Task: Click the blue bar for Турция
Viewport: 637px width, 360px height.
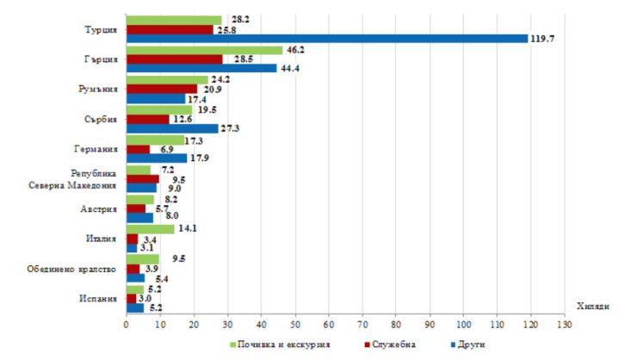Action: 327,38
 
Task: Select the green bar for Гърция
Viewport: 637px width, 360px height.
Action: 204,50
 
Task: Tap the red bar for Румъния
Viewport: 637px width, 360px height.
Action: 162,89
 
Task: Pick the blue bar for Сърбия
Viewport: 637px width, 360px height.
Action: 172,127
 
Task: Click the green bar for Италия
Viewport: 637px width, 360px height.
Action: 150,229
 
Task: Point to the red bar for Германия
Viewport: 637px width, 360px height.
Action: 138,149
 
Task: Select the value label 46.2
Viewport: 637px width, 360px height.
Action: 295,50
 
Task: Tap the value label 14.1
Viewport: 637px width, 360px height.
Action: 187,229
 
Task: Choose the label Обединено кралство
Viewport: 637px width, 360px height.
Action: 77,269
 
